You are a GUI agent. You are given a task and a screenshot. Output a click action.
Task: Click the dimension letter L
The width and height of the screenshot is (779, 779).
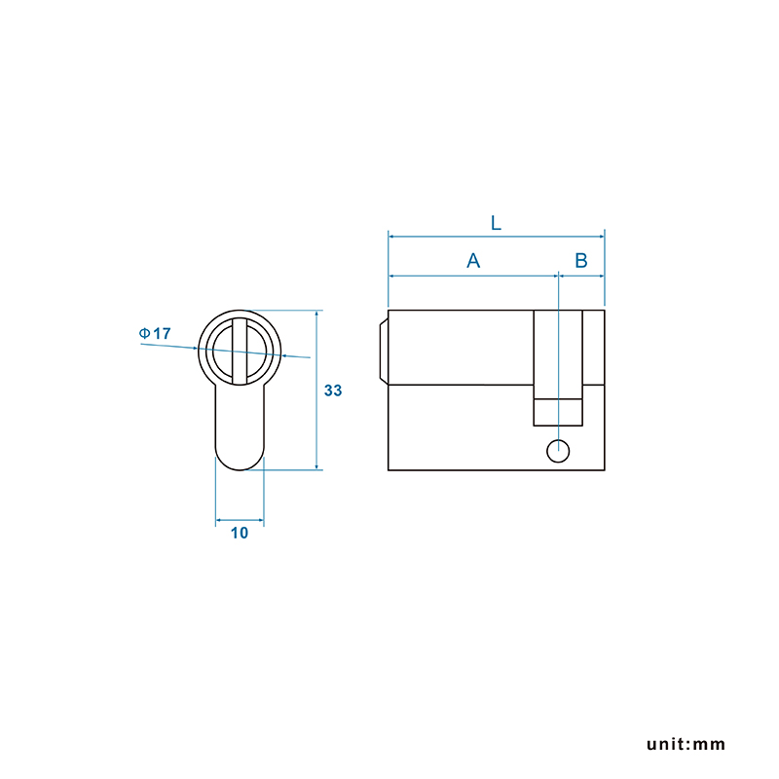(x=496, y=223)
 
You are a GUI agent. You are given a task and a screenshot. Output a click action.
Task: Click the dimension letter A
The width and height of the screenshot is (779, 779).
(x=473, y=260)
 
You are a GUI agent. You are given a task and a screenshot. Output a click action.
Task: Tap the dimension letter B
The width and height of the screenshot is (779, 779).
(x=580, y=260)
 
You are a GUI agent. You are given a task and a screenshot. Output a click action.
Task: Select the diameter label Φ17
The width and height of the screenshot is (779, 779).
(x=155, y=333)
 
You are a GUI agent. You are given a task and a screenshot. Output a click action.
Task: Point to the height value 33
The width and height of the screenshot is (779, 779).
(x=333, y=390)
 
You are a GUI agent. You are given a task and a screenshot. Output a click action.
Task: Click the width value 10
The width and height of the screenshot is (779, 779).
(x=239, y=533)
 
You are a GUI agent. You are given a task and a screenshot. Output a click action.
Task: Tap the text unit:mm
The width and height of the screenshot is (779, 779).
(x=686, y=744)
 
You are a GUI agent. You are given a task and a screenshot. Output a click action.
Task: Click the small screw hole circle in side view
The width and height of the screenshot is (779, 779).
(x=558, y=451)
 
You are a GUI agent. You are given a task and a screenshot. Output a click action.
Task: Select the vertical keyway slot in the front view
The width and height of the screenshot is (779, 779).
(x=240, y=351)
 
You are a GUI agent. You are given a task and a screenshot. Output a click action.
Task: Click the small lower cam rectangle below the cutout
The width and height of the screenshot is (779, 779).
(x=558, y=412)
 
